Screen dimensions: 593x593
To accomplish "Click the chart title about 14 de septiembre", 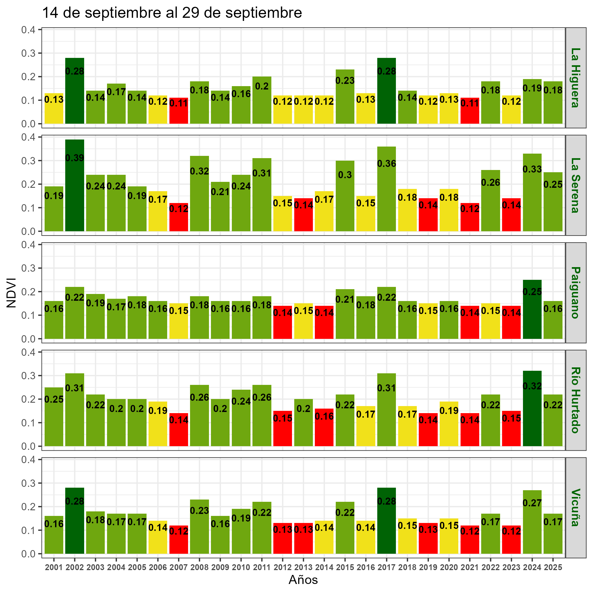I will pyautogui.click(x=172, y=14).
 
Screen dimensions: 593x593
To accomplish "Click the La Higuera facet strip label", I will pyautogui.click(x=575, y=78).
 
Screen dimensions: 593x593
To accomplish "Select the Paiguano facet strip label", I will pyautogui.click(x=575, y=293).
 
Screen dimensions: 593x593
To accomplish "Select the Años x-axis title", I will pyautogui.click(x=303, y=580).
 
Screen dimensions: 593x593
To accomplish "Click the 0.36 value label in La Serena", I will pyautogui.click(x=386, y=163).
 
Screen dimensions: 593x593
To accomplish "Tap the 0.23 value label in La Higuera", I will pyautogui.click(x=345, y=81).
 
